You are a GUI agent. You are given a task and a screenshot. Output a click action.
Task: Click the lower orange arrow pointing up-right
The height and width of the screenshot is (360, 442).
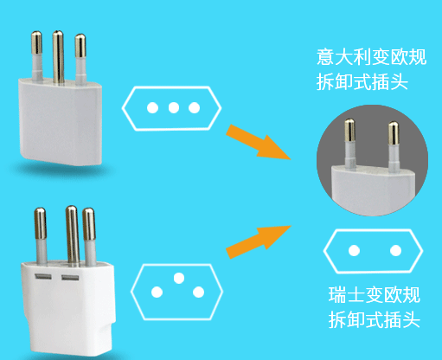coord(259,241)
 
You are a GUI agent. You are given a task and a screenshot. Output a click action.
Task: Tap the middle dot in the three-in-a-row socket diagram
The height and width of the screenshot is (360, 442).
coord(174,108)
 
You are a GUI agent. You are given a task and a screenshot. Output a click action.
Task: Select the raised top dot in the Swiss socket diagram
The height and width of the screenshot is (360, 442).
coord(179,278)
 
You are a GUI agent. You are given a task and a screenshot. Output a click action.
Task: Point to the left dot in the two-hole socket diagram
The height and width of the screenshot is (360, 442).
coord(354,250)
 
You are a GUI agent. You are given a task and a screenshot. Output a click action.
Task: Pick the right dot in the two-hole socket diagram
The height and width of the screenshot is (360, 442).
coord(395,250)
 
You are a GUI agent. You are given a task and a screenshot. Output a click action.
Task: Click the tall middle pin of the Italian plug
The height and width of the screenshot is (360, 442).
coord(58,57)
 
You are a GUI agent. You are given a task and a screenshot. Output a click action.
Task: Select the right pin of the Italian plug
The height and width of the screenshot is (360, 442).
coord(80,59)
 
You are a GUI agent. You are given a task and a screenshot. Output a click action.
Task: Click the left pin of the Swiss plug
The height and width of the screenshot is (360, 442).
coord(41,236)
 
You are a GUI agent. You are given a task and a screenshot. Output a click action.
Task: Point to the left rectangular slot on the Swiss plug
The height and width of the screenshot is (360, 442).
coord(43,277)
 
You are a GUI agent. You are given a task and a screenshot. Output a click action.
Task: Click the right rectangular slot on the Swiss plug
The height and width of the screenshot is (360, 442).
coord(70,278)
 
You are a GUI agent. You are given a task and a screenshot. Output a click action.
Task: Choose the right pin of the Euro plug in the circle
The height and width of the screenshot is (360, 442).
coord(394,146)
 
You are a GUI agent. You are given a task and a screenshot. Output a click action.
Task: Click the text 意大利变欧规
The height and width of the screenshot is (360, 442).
coord(371,57)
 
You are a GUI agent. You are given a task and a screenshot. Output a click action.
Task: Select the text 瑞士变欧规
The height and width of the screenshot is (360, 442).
coord(375,294)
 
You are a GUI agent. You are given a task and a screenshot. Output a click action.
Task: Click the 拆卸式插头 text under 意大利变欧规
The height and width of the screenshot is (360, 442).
coord(362,82)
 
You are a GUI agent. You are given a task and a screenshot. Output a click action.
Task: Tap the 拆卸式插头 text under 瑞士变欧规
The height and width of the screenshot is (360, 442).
coord(375,319)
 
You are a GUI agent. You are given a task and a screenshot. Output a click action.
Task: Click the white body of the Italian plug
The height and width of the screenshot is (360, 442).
coord(61,123)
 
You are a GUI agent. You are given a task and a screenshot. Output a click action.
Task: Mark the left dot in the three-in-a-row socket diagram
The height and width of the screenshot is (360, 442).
coord(152,108)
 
